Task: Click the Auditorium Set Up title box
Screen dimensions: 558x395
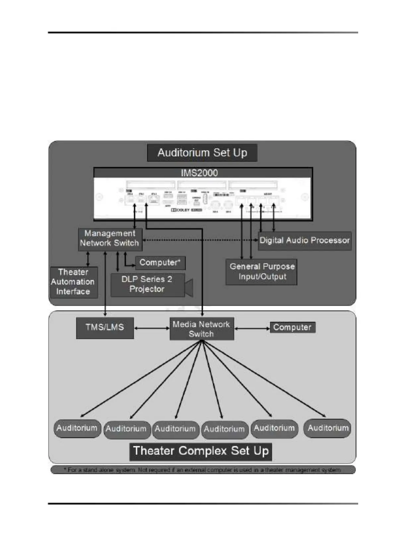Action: coord(202,153)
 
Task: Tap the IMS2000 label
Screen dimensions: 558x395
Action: coord(199,173)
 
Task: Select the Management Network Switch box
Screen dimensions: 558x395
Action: coord(110,238)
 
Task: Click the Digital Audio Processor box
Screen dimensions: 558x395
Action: coord(304,240)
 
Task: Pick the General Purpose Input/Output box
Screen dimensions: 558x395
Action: coord(262,272)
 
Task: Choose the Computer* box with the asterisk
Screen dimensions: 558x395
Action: coord(160,263)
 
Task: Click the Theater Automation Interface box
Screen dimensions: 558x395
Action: coord(73,282)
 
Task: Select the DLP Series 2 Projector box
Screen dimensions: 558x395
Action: coord(147,284)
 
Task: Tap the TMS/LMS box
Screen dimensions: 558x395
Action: coord(105,327)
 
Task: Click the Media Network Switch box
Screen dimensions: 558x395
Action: coord(201,329)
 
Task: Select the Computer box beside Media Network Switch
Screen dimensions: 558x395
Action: coord(292,327)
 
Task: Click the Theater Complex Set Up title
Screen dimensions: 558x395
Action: coord(201,451)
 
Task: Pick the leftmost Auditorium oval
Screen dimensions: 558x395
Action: coord(77,428)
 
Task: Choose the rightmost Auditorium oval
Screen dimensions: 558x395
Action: coord(328,428)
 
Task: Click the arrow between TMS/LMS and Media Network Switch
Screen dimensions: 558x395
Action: coord(152,328)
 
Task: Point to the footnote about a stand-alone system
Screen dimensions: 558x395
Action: coord(203,470)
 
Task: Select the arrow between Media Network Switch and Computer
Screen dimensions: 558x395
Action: coord(252,329)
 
